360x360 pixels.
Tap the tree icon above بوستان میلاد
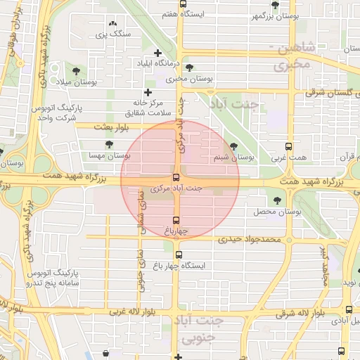(75, 70)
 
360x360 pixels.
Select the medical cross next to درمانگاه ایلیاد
(157, 53)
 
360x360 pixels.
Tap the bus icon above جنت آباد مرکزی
(175, 178)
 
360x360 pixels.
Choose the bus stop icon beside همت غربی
(288, 147)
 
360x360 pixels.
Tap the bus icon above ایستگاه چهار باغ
(179, 255)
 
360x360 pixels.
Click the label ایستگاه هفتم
(202, 14)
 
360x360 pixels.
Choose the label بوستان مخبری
(193, 79)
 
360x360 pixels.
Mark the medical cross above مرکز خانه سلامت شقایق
(148, 92)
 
